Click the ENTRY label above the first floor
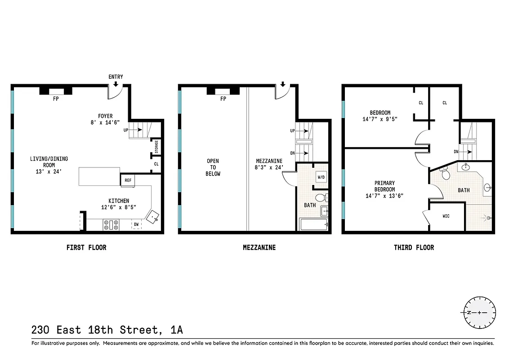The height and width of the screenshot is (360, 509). pos(116,77)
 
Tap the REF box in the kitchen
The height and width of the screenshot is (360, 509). pos(128,180)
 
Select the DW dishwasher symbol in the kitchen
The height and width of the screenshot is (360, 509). pos(136,224)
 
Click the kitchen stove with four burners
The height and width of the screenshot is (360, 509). pos(111,224)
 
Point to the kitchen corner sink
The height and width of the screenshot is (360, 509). pos(154,217)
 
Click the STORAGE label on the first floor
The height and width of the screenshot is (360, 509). pos(156,146)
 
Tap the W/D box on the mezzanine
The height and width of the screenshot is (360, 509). pos(321,177)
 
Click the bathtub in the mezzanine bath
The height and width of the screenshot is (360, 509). pos(313,224)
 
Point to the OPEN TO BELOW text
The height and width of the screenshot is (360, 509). pos(213,167)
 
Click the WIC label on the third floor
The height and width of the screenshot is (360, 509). pos(446,216)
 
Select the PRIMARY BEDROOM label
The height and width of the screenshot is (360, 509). pos(384,186)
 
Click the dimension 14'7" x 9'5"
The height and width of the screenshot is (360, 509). pos(380,119)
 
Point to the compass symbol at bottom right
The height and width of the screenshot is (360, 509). pos(479,312)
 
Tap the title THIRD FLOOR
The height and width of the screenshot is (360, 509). pos(414,247)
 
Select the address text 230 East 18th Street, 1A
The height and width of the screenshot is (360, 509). pos(107,330)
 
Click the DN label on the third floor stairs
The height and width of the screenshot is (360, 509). pos(456,152)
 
